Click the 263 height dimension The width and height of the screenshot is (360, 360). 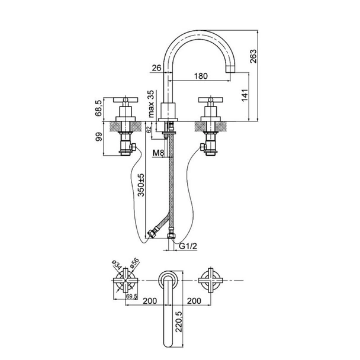[253, 56]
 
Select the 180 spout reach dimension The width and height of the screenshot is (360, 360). [201, 76]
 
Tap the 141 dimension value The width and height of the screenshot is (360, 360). [245, 95]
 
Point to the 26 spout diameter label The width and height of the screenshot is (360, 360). [157, 68]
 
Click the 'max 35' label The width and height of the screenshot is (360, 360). [151, 104]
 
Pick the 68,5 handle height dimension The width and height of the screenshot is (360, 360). [99, 108]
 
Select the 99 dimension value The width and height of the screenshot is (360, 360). [99, 137]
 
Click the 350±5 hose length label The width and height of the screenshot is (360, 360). [141, 185]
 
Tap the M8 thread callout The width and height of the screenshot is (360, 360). [159, 153]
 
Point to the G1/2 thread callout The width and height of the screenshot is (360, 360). [188, 246]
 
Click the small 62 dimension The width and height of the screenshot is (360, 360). [149, 130]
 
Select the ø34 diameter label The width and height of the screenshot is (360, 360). [117, 265]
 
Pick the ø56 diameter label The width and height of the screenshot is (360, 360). [134, 263]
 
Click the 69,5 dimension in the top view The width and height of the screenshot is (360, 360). [132, 297]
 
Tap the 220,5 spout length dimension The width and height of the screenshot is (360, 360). [179, 322]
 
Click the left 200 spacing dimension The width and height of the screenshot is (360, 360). [150, 301]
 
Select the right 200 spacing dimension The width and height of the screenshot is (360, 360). [194, 301]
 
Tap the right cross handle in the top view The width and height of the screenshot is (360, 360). [211, 280]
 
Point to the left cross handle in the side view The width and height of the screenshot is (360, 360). [126, 99]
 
